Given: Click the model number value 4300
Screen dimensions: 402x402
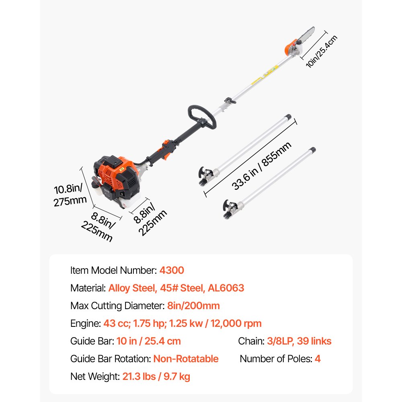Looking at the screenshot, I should pyautogui.click(x=172, y=270).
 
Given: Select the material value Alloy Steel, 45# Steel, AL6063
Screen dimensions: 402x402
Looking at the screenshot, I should pyautogui.click(x=176, y=288).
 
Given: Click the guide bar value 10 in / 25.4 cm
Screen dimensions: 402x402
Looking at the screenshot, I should pyautogui.click(x=149, y=341).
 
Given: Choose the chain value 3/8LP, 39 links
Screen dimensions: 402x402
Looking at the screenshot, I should pyautogui.click(x=299, y=341).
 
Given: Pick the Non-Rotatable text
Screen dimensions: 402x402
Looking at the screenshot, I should pyautogui.click(x=186, y=359).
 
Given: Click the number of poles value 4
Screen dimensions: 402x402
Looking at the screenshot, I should pyautogui.click(x=318, y=359).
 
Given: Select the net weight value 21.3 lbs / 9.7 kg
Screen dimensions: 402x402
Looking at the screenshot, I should pyautogui.click(x=155, y=377).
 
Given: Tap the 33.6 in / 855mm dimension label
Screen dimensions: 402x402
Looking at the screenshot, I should pyautogui.click(x=261, y=166).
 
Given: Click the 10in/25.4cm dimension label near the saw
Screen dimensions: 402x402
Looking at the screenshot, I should pyautogui.click(x=321, y=51).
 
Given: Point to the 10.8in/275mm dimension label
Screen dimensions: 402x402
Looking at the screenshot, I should pyautogui.click(x=68, y=195).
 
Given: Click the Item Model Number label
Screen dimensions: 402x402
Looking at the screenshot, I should pyautogui.click(x=113, y=270).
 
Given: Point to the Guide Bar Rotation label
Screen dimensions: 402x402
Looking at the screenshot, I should pyautogui.click(x=110, y=359).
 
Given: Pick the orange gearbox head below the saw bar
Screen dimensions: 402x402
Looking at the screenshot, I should pyautogui.click(x=288, y=51).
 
